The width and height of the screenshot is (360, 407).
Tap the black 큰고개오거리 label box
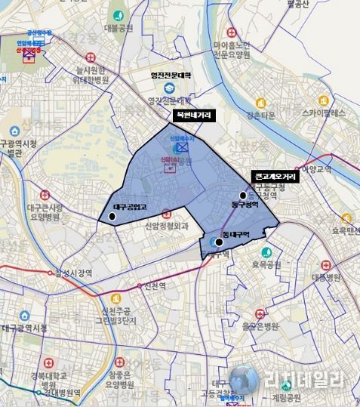click(275, 175)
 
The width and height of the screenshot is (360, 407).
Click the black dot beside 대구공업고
click(112, 217)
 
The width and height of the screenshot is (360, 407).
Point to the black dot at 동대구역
click(219, 242)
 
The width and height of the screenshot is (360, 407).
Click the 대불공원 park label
click(118, 29)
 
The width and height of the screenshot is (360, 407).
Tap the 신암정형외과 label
click(170, 226)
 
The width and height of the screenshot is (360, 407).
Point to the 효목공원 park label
click(288, 265)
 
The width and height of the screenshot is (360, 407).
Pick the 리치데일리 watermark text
click(304, 380)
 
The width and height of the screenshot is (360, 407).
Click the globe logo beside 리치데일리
click(245, 380)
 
